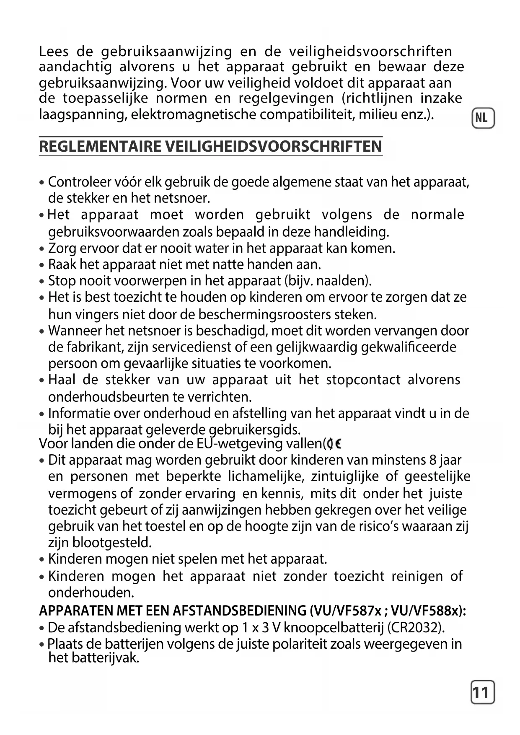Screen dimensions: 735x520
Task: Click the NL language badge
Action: (x=483, y=118)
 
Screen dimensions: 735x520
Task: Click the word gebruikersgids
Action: (x=255, y=430)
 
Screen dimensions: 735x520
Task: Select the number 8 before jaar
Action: (x=432, y=460)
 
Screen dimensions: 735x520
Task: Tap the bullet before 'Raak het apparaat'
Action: (x=41, y=265)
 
